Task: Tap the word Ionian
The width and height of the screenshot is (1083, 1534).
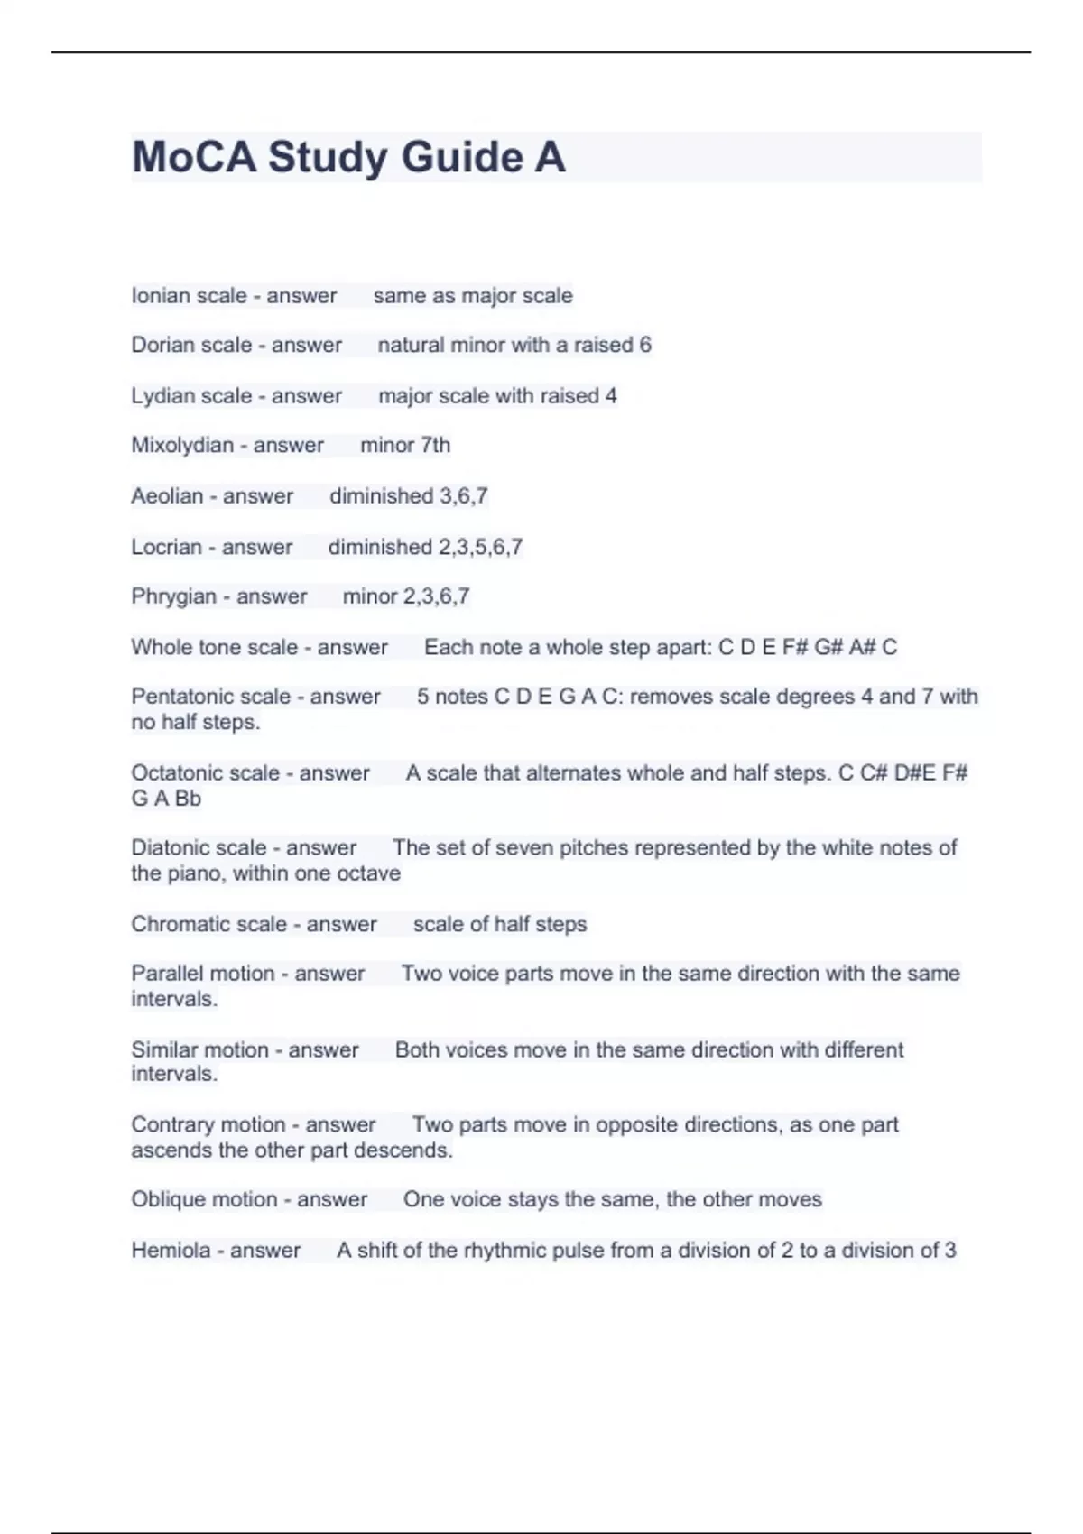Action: coord(161,296)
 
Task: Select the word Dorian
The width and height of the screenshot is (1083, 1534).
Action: coord(162,345)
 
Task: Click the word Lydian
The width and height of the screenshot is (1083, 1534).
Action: coord(162,396)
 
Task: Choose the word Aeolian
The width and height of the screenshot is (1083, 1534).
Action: coord(167,496)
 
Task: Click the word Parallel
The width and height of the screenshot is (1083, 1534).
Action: coord(164,974)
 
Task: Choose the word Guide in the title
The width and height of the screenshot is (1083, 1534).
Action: coord(461,157)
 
